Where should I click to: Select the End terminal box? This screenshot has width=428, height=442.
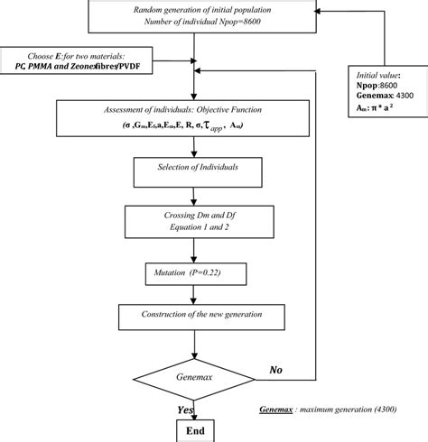194,431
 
